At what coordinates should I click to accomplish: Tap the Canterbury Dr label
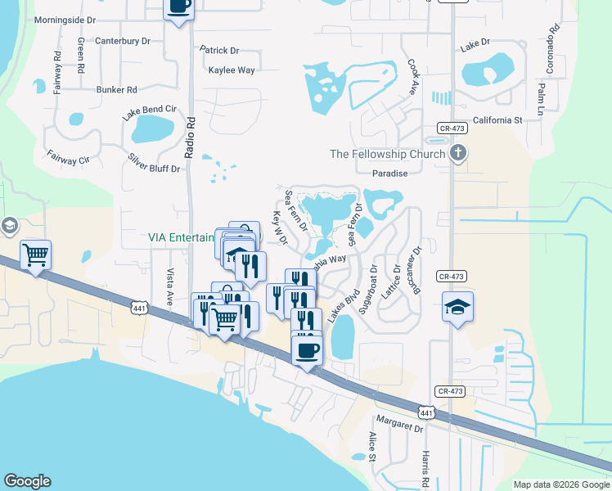click(123, 40)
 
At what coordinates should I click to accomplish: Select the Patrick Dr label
click(219, 50)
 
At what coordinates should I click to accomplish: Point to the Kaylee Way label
click(232, 70)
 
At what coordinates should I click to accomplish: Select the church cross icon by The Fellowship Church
click(458, 153)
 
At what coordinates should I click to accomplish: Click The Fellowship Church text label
click(387, 154)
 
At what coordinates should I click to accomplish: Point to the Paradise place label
click(389, 173)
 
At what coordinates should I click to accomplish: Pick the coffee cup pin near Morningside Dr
click(179, 7)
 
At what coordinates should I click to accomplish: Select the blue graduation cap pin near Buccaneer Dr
click(458, 307)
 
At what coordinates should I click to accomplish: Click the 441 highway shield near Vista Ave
click(137, 307)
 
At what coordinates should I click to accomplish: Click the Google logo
click(27, 481)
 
